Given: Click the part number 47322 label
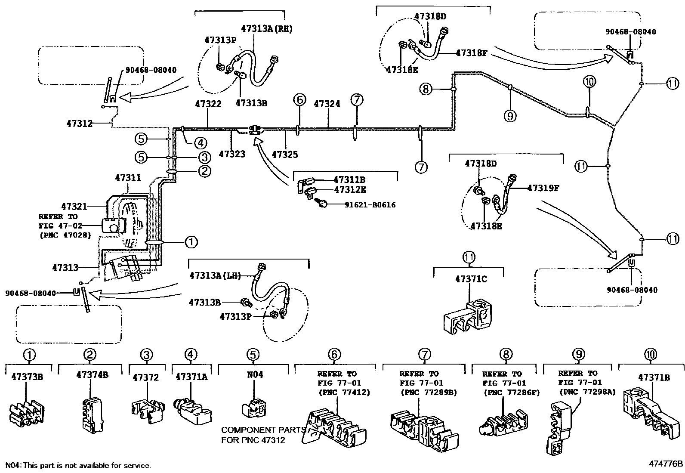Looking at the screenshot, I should coord(208,104).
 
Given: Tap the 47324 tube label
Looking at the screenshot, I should coord(327,104).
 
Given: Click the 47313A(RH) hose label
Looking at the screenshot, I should coord(267,28).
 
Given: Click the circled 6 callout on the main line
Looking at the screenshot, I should coord(299,100).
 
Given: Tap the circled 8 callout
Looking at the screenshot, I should coord(426,90).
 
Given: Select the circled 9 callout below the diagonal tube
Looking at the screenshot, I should coord(510,115).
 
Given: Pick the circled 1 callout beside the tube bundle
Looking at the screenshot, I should coord(191,242).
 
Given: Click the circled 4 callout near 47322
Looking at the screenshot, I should coord(200,143).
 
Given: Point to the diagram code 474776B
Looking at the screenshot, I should coord(666,464).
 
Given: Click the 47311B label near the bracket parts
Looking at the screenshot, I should coord(349,179).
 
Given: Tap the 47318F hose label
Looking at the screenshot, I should coord(472,53).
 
